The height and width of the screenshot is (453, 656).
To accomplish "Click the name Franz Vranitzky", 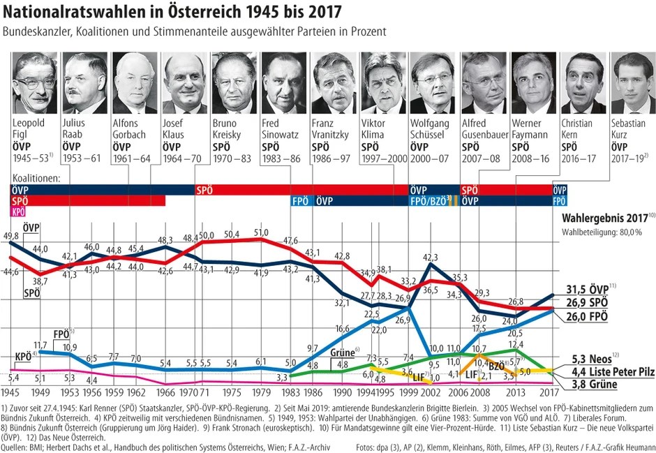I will tap(334, 129).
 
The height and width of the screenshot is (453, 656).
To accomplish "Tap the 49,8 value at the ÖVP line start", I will tap(11, 237).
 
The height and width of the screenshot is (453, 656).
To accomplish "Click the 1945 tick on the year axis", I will tap(10, 394).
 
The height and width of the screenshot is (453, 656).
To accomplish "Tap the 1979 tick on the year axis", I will tap(261, 394).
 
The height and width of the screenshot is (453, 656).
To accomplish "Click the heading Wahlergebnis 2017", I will tap(604, 217).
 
